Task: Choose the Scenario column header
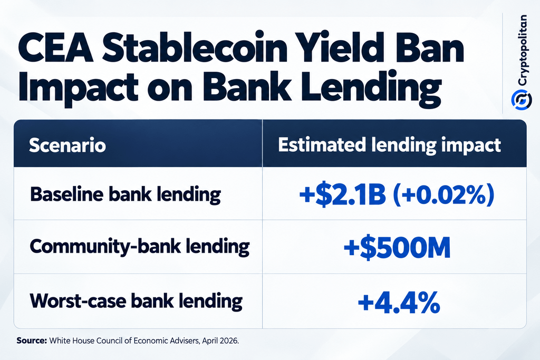[x=67, y=145]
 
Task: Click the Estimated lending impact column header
[x=389, y=145]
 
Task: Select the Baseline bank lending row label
[x=126, y=194]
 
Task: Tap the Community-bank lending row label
[x=139, y=247]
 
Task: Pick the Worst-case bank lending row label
[x=136, y=301]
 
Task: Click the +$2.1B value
[x=343, y=194]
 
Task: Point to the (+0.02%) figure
[x=443, y=194]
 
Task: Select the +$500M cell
[x=397, y=247]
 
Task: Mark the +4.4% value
[x=399, y=302]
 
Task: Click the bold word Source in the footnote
[x=32, y=340]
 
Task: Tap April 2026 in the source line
[x=220, y=341]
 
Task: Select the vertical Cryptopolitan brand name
[x=523, y=50]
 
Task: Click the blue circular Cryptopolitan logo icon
[x=522, y=100]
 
